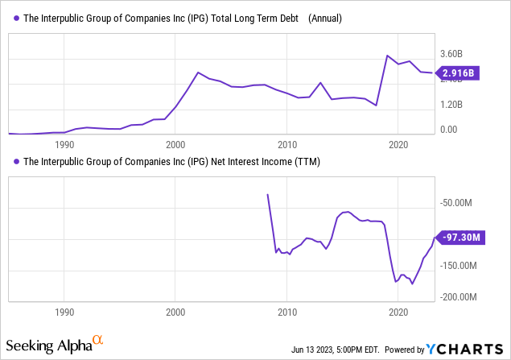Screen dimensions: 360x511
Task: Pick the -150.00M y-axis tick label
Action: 461,265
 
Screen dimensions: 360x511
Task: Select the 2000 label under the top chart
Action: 175,144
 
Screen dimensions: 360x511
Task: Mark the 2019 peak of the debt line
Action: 387,56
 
